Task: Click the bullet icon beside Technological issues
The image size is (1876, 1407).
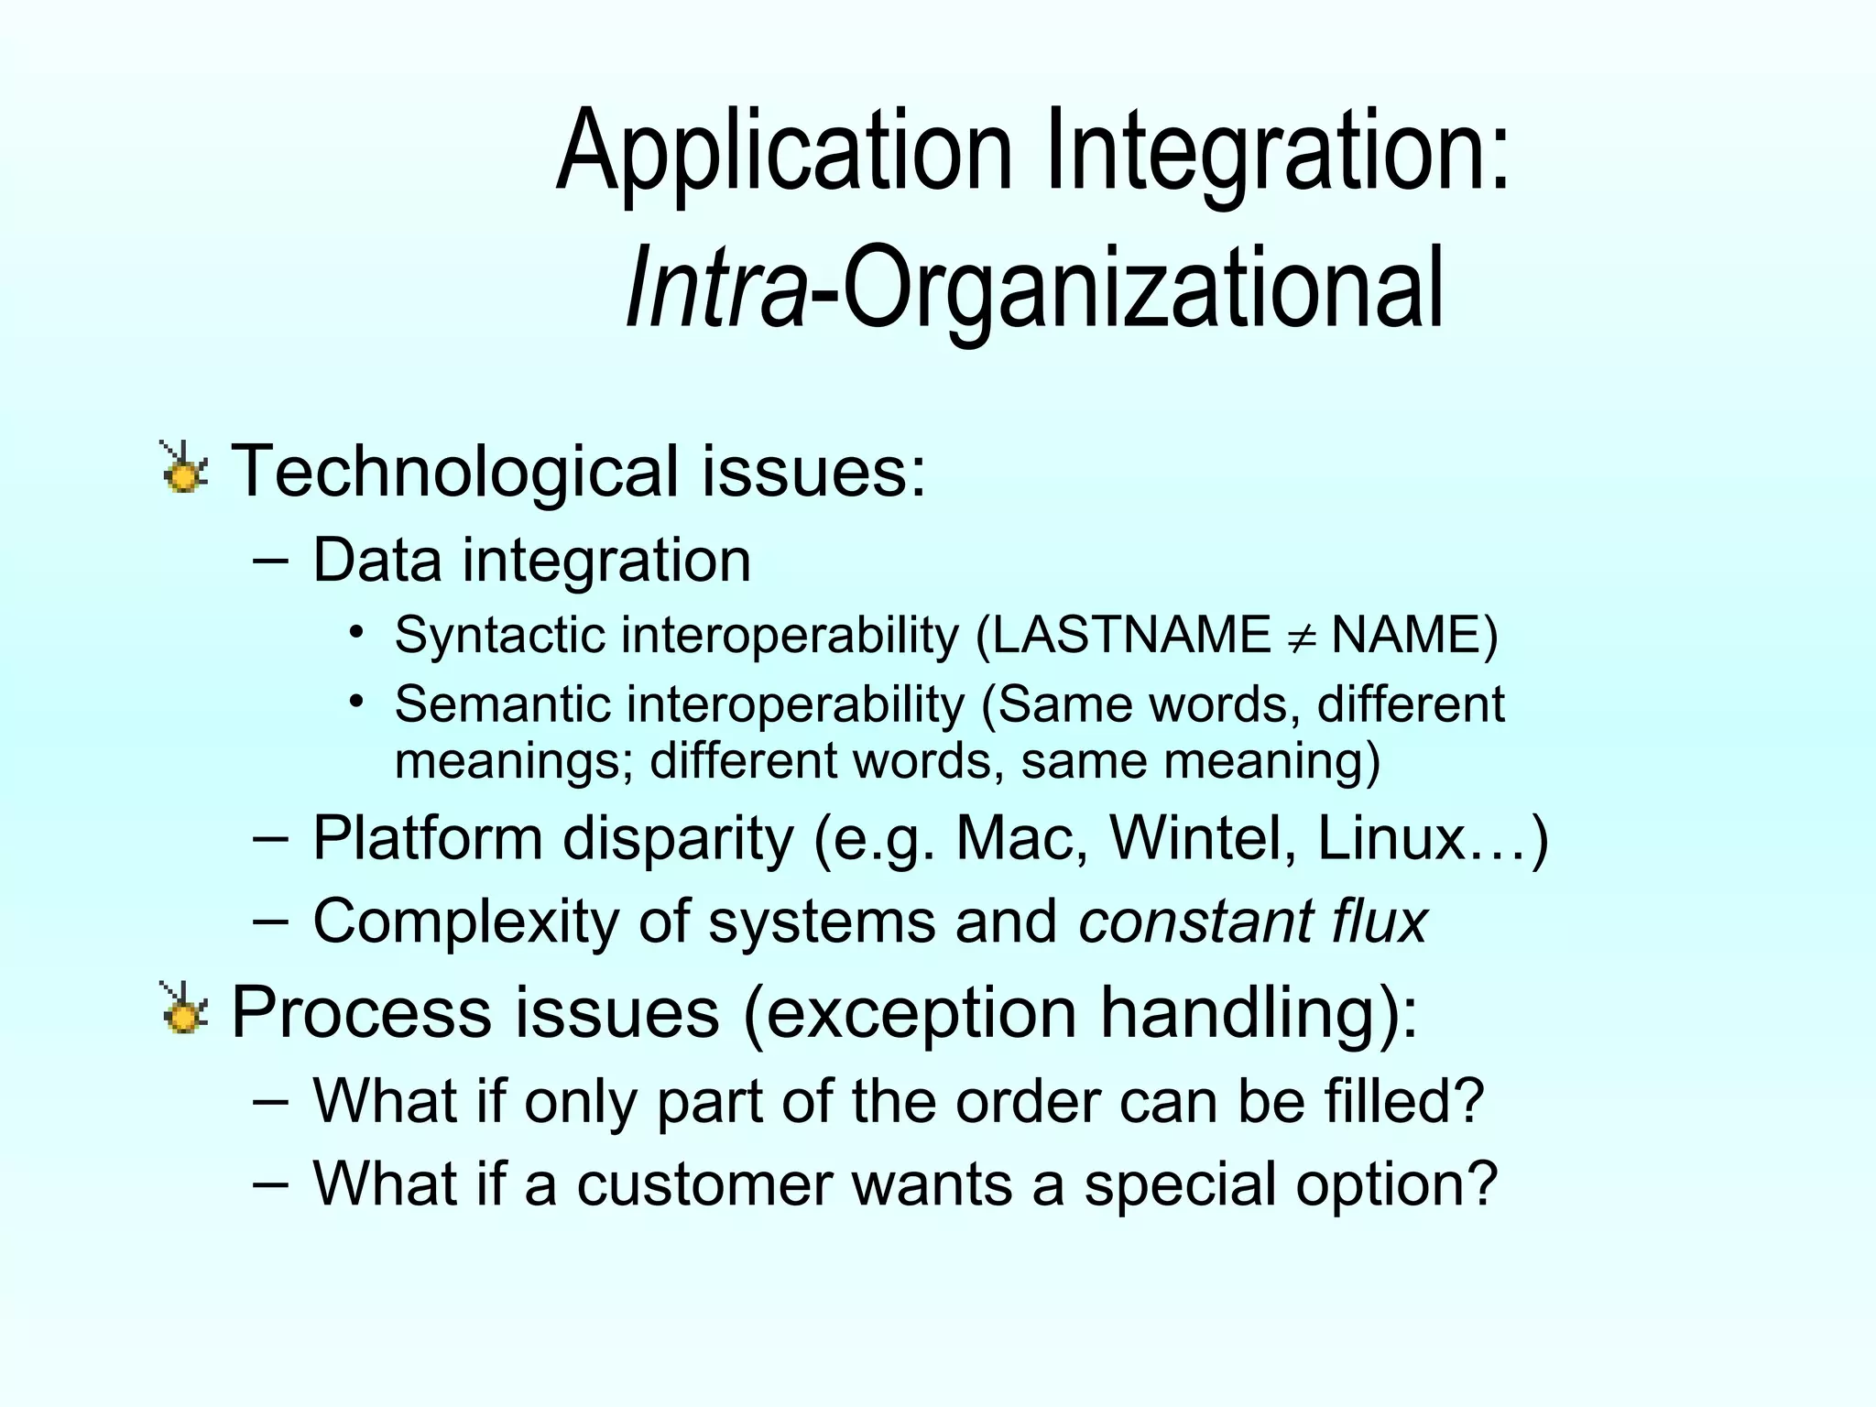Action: point(185,469)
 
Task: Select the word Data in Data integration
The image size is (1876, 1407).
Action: point(376,560)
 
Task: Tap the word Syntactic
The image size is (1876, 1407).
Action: point(499,635)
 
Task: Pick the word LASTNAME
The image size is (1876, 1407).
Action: point(1132,635)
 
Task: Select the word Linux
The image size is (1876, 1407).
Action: point(1392,838)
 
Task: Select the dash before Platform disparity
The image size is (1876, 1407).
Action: point(269,837)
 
